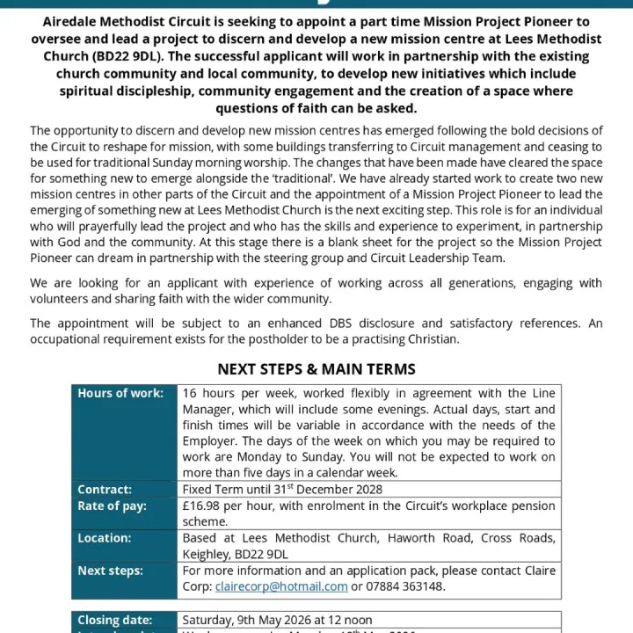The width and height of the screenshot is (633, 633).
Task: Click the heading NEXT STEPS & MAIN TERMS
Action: (x=316, y=369)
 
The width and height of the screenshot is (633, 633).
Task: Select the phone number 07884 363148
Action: (x=404, y=586)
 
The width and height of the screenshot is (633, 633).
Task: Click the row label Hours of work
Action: (x=120, y=394)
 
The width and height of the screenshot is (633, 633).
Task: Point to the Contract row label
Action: (x=105, y=490)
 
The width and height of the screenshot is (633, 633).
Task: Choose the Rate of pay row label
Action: (x=112, y=506)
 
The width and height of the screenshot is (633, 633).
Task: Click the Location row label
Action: (x=105, y=538)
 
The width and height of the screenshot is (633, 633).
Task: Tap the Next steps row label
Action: (x=110, y=571)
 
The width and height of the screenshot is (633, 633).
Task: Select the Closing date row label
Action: (x=114, y=620)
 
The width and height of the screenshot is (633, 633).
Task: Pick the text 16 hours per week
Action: (x=230, y=394)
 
